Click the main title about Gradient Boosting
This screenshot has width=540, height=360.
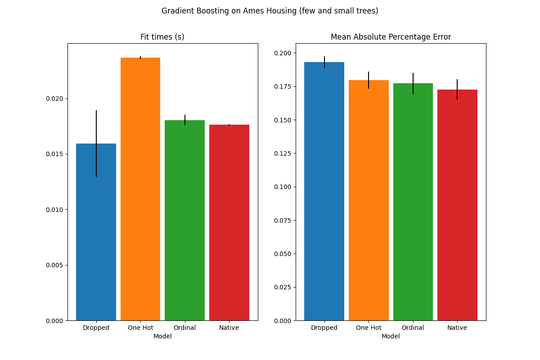pyautogui.click(x=270, y=11)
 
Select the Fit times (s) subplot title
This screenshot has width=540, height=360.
pyautogui.click(x=162, y=37)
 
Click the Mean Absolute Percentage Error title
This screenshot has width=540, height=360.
pyautogui.click(x=391, y=37)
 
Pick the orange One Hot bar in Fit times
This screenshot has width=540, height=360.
pyautogui.click(x=140, y=189)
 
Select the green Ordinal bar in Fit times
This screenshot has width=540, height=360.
pyautogui.click(x=184, y=220)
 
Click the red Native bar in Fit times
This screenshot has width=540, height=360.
pyautogui.click(x=229, y=223)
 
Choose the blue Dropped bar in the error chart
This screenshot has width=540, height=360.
pyautogui.click(x=324, y=191)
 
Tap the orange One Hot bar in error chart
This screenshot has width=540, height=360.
pyautogui.click(x=369, y=200)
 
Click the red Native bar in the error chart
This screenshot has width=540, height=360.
pyautogui.click(x=457, y=205)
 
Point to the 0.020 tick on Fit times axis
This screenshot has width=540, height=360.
pyautogui.click(x=56, y=99)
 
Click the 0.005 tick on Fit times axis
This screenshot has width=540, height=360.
pyautogui.click(x=56, y=265)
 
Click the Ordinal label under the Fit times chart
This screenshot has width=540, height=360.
pyautogui.click(x=184, y=328)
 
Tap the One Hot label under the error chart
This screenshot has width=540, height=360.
pyautogui.click(x=369, y=328)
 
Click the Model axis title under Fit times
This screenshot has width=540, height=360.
pyautogui.click(x=162, y=337)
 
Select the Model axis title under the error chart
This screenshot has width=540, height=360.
pyautogui.click(x=391, y=337)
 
